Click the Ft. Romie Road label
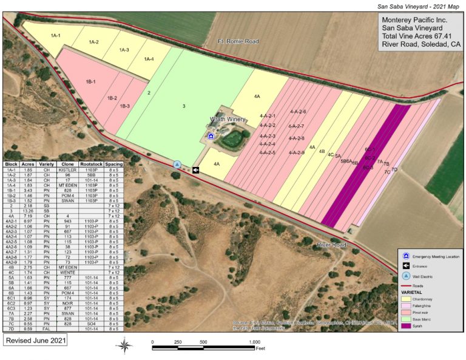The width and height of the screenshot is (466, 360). (238, 41)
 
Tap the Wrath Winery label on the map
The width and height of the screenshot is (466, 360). (228, 120)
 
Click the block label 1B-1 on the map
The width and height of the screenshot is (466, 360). (92, 81)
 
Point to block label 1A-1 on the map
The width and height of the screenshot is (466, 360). (55, 36)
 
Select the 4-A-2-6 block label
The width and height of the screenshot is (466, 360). (298, 111)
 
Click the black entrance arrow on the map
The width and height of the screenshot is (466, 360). (196, 170)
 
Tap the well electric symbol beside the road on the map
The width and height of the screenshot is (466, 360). (177, 165)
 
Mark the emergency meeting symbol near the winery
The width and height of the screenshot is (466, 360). (211, 137)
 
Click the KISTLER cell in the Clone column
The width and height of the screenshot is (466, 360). (68, 171)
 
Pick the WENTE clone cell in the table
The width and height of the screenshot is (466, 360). (68, 273)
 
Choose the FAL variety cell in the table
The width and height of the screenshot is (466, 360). (47, 329)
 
